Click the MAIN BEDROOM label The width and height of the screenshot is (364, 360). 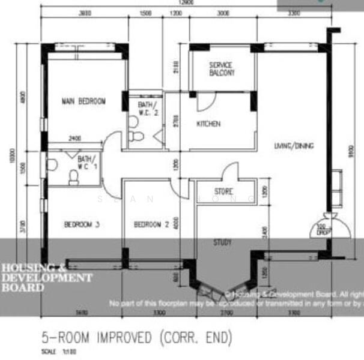(x=83, y=101)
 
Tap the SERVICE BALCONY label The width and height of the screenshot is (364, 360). (x=222, y=68)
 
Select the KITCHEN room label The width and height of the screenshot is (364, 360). (x=208, y=124)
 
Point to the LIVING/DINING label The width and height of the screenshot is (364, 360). (x=294, y=146)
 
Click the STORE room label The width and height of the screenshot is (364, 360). (x=223, y=191)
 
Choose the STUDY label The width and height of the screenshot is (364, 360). (x=223, y=242)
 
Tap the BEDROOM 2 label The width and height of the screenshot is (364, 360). (x=151, y=225)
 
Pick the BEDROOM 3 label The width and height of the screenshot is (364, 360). (x=82, y=225)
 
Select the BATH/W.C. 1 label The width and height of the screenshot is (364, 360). (x=87, y=163)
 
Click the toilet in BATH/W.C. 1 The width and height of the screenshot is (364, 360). (x=74, y=176)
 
